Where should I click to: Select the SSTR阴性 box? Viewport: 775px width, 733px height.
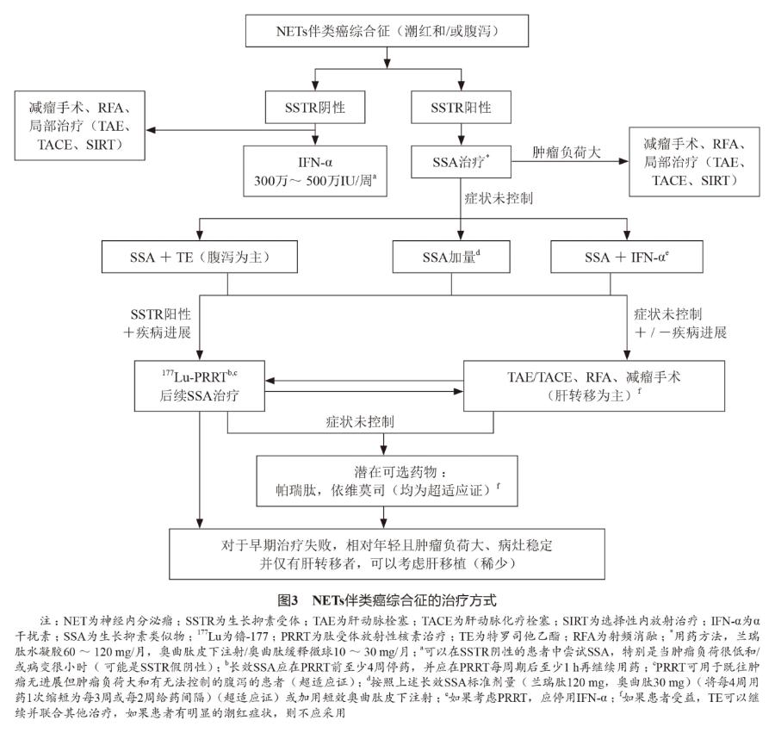pos(315,109)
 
